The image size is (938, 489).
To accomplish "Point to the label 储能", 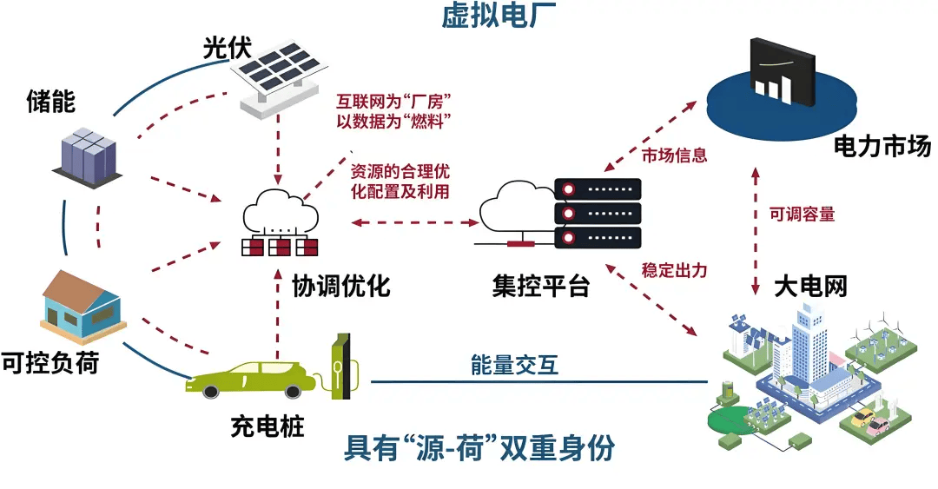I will pos(50,102).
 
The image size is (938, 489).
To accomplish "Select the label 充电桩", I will pos(268,426).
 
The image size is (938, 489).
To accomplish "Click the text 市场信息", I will pos(675,156).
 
